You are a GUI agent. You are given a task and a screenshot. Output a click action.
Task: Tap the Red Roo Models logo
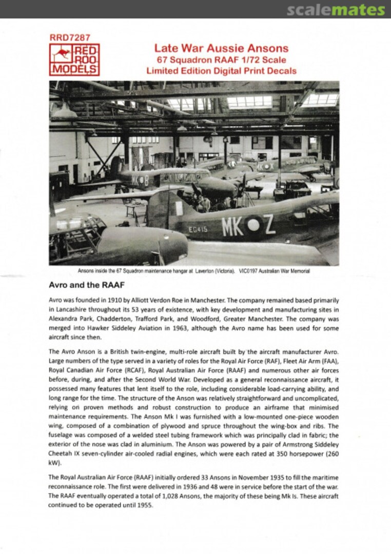tap(74, 60)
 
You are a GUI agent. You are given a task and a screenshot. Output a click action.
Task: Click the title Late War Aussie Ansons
tap(221, 49)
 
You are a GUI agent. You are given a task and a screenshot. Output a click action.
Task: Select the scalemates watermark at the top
tap(336, 10)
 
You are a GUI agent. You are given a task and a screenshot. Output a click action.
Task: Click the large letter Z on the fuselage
tap(269, 224)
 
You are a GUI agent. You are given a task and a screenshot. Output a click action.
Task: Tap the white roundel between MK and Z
tap(253, 224)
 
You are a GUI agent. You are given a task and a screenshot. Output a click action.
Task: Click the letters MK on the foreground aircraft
tap(232, 226)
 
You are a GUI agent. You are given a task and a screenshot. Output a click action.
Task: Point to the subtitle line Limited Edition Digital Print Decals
tap(221, 71)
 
